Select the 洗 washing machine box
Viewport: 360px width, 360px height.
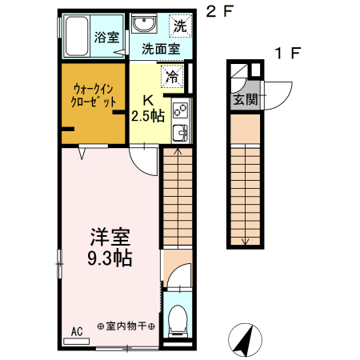(x=181, y=25)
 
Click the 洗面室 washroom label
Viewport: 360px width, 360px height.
(x=160, y=49)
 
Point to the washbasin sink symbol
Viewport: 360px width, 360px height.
(x=144, y=22)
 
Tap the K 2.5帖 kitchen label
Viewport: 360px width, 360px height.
(x=149, y=108)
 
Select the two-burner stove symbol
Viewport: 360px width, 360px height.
(x=180, y=109)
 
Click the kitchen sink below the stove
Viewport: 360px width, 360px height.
(x=180, y=132)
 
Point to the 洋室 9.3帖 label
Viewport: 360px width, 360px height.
(x=110, y=248)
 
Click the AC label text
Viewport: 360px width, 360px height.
(x=77, y=330)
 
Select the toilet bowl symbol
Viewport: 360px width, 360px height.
(x=178, y=321)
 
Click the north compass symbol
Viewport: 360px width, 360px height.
(x=243, y=341)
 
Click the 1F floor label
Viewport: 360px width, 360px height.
(x=288, y=54)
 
